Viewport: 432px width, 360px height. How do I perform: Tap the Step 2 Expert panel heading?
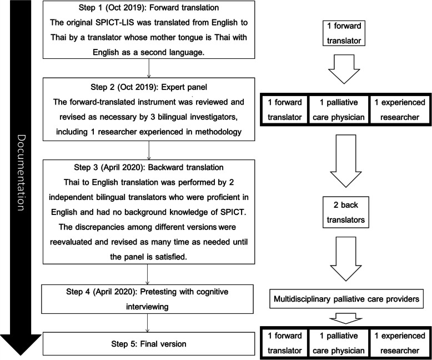tap(148, 88)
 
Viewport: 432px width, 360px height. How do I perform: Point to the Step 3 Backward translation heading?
tap(148, 164)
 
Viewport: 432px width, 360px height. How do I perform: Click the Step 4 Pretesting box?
tap(148, 297)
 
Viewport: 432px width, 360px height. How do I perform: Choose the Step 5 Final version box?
tap(148, 344)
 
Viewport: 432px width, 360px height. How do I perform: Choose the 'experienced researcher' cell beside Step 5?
tap(398, 343)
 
